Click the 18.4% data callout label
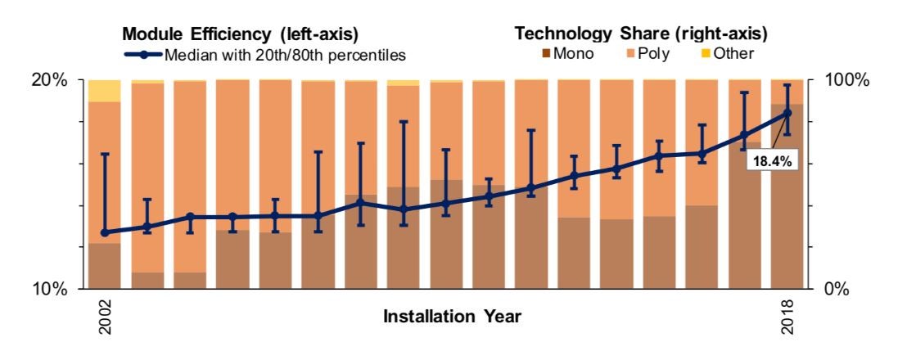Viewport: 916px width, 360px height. tap(771, 162)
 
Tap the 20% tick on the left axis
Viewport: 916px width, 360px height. tap(48, 80)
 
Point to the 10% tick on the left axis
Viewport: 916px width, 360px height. tap(48, 289)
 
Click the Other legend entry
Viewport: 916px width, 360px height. tap(733, 54)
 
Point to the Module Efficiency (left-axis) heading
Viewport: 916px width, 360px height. tap(240, 34)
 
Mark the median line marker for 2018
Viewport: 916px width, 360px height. tap(787, 113)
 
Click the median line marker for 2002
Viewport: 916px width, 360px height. tap(105, 232)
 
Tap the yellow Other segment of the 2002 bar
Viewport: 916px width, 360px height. tap(105, 91)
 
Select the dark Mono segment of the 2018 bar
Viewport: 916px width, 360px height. tap(787, 205)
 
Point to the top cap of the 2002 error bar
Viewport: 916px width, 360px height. tap(105, 154)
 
